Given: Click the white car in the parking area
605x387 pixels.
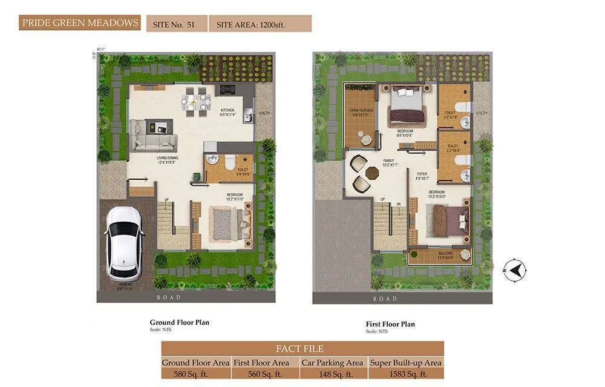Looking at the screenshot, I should click(125, 243).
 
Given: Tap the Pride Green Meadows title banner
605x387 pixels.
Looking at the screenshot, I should click(80, 24).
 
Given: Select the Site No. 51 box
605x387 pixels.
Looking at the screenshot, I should click(175, 24).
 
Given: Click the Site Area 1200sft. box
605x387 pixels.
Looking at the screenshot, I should click(260, 24).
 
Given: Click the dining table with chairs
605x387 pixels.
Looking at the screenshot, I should click(195, 99).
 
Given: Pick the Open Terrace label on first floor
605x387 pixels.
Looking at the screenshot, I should click(362, 112).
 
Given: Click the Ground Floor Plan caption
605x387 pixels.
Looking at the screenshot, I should click(180, 322).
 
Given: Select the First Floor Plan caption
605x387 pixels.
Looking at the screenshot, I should click(391, 324).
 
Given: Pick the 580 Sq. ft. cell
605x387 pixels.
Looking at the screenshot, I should click(195, 374).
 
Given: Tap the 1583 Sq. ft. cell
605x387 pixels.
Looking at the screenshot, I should click(406, 374).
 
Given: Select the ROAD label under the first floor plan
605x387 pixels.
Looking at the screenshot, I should click(385, 299).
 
